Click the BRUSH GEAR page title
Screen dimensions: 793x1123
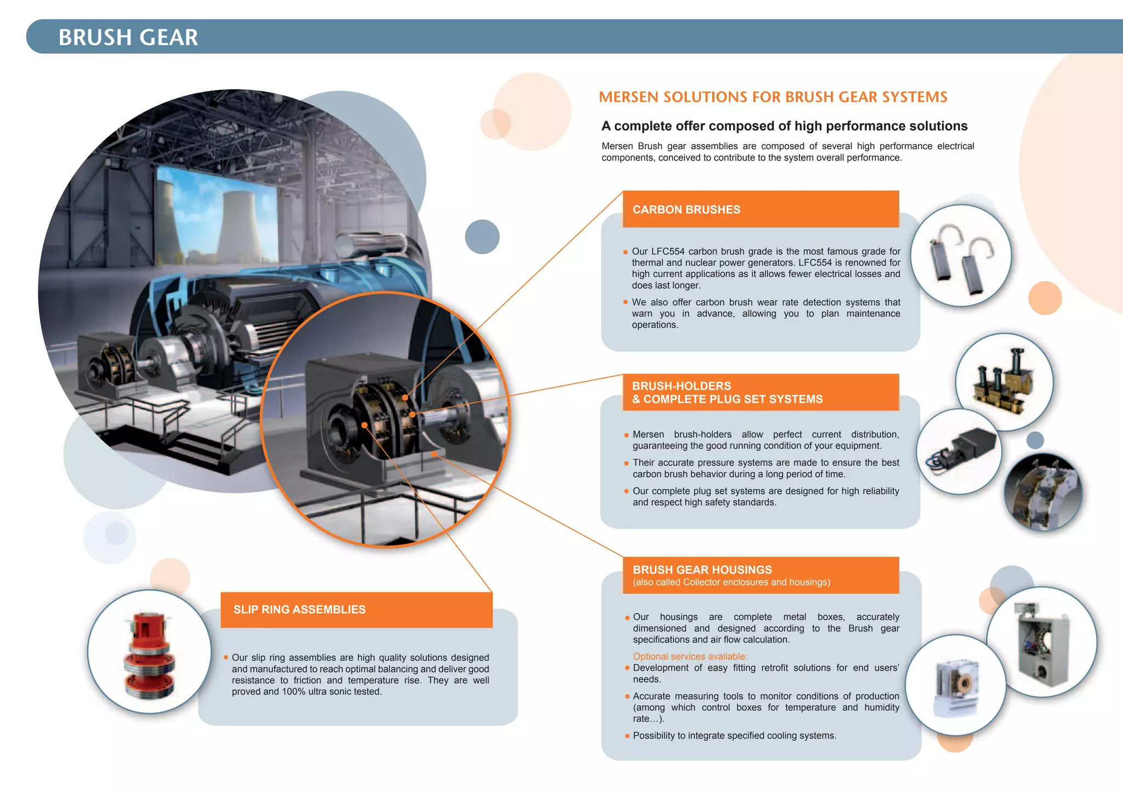128,37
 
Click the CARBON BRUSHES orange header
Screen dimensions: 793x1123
686,209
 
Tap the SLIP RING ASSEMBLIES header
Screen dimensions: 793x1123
299,609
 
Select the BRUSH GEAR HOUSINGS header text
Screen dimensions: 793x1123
702,570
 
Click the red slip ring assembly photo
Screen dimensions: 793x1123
149,653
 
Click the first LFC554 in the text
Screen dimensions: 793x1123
668,251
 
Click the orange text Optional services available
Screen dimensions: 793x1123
690,656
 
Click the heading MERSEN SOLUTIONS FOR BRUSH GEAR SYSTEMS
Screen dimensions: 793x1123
773,97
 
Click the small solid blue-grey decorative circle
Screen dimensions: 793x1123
482,236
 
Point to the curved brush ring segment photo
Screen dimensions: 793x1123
1043,492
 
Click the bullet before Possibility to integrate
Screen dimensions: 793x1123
627,736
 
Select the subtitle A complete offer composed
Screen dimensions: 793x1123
784,126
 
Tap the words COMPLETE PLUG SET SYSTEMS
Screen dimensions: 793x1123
733,399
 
